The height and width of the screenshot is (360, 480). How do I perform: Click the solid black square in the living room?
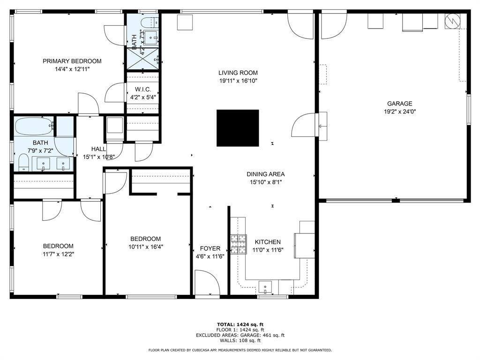(238, 128)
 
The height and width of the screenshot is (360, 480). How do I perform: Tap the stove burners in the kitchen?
(238, 244)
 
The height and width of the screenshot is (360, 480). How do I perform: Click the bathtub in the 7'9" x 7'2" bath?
(34, 126)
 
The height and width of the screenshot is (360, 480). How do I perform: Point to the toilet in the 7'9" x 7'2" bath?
(23, 163)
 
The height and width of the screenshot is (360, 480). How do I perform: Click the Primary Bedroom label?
(72, 61)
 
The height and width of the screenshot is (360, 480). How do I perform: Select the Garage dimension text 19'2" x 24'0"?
(399, 112)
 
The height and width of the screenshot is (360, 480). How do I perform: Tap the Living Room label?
(238, 73)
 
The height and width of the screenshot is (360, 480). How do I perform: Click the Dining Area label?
(265, 174)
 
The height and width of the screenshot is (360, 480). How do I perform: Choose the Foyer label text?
(210, 248)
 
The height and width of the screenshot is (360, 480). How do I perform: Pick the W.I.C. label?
(142, 89)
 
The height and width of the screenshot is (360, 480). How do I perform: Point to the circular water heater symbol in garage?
(453, 21)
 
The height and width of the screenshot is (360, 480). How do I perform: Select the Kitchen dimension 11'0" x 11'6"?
(267, 250)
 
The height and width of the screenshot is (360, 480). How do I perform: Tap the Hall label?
(98, 149)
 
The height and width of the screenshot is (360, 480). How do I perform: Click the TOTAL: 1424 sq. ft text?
(240, 324)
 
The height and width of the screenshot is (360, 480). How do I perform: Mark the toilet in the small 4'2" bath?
(149, 22)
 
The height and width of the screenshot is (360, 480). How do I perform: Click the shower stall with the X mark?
(142, 58)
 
